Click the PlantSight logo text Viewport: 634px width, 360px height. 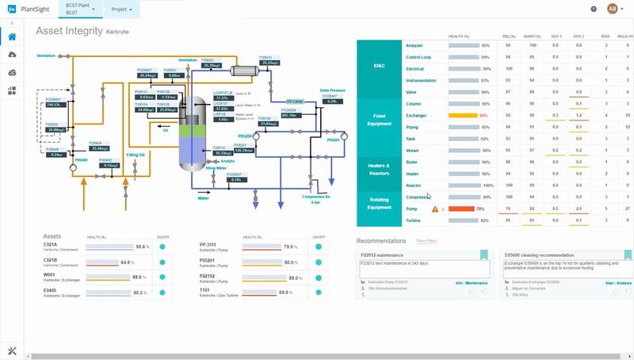[39, 9]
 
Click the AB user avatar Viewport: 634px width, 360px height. [612, 9]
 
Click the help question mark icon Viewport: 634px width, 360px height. [594, 9]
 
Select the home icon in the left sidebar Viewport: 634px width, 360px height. [12, 37]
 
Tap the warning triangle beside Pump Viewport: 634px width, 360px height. [434, 209]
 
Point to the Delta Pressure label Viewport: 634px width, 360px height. [333, 91]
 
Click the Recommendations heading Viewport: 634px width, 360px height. [381, 240]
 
